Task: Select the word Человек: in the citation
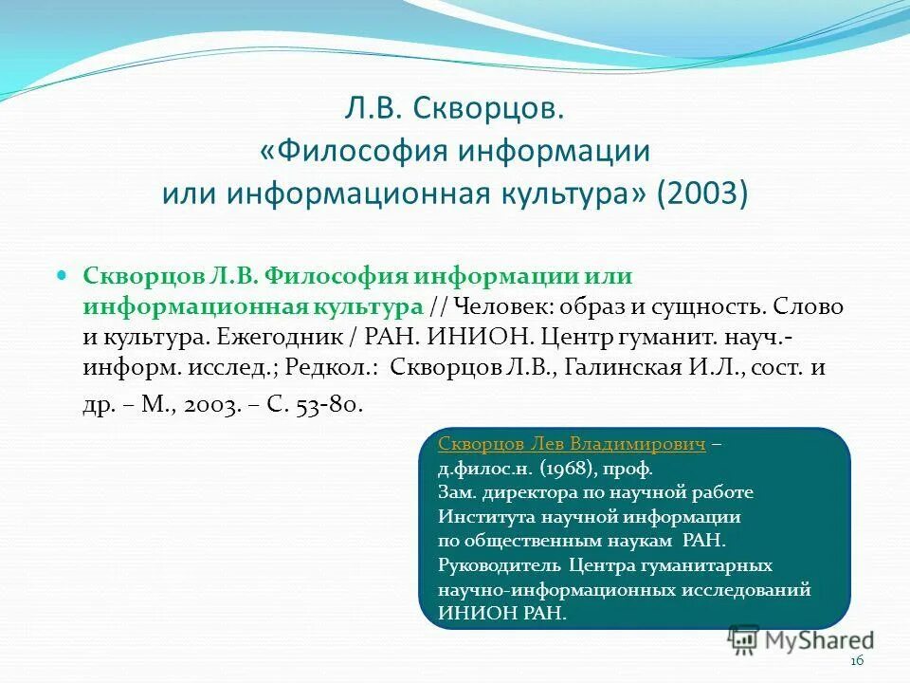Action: tap(504, 307)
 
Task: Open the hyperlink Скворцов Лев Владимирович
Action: tap(572, 445)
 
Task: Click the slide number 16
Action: tap(858, 661)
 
